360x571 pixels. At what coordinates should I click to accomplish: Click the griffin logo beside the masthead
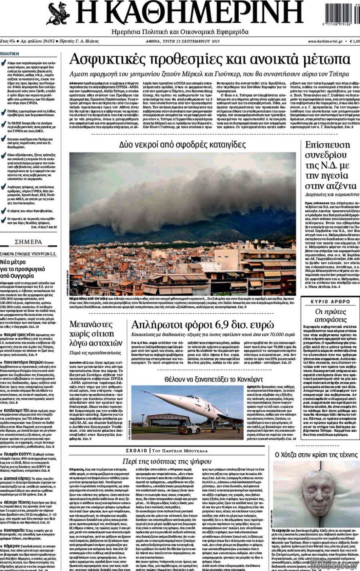(59, 13)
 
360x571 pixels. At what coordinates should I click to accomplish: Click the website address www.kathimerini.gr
(325, 41)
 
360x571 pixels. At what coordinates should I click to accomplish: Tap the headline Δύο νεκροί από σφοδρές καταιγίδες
(182, 144)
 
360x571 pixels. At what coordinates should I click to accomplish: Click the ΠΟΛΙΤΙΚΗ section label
(10, 54)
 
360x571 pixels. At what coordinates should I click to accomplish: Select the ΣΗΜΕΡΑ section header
(28, 242)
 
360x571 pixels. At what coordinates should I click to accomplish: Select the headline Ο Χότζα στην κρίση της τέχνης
(316, 454)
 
